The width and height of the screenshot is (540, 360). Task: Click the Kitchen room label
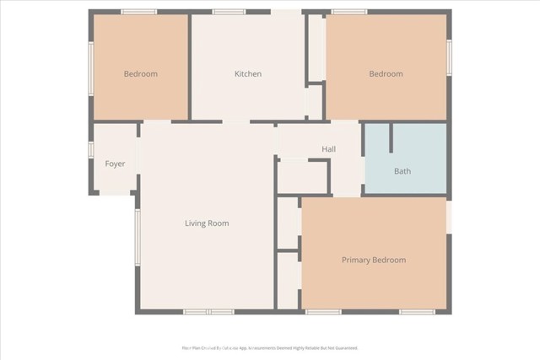248,74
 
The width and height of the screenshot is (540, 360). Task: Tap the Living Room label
207,223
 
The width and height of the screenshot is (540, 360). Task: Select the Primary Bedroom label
373,260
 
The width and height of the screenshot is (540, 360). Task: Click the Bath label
402,172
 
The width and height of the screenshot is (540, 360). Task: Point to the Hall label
329,149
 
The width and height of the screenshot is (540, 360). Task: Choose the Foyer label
115,164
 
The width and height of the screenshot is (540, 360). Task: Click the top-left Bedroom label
140,74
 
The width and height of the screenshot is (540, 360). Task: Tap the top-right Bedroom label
386,74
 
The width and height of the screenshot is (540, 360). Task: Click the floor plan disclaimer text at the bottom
270,347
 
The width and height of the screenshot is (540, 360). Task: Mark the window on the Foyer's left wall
90,149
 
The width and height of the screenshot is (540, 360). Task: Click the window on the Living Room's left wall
137,237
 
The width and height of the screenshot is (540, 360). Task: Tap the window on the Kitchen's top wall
229,12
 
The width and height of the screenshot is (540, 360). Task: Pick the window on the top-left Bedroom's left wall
91,68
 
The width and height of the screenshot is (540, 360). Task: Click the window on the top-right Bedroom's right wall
449,57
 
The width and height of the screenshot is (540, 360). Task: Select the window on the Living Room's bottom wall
209,312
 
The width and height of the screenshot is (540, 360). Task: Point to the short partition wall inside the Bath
391,139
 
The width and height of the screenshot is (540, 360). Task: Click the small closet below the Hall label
303,176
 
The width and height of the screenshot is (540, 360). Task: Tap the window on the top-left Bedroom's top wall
139,12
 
